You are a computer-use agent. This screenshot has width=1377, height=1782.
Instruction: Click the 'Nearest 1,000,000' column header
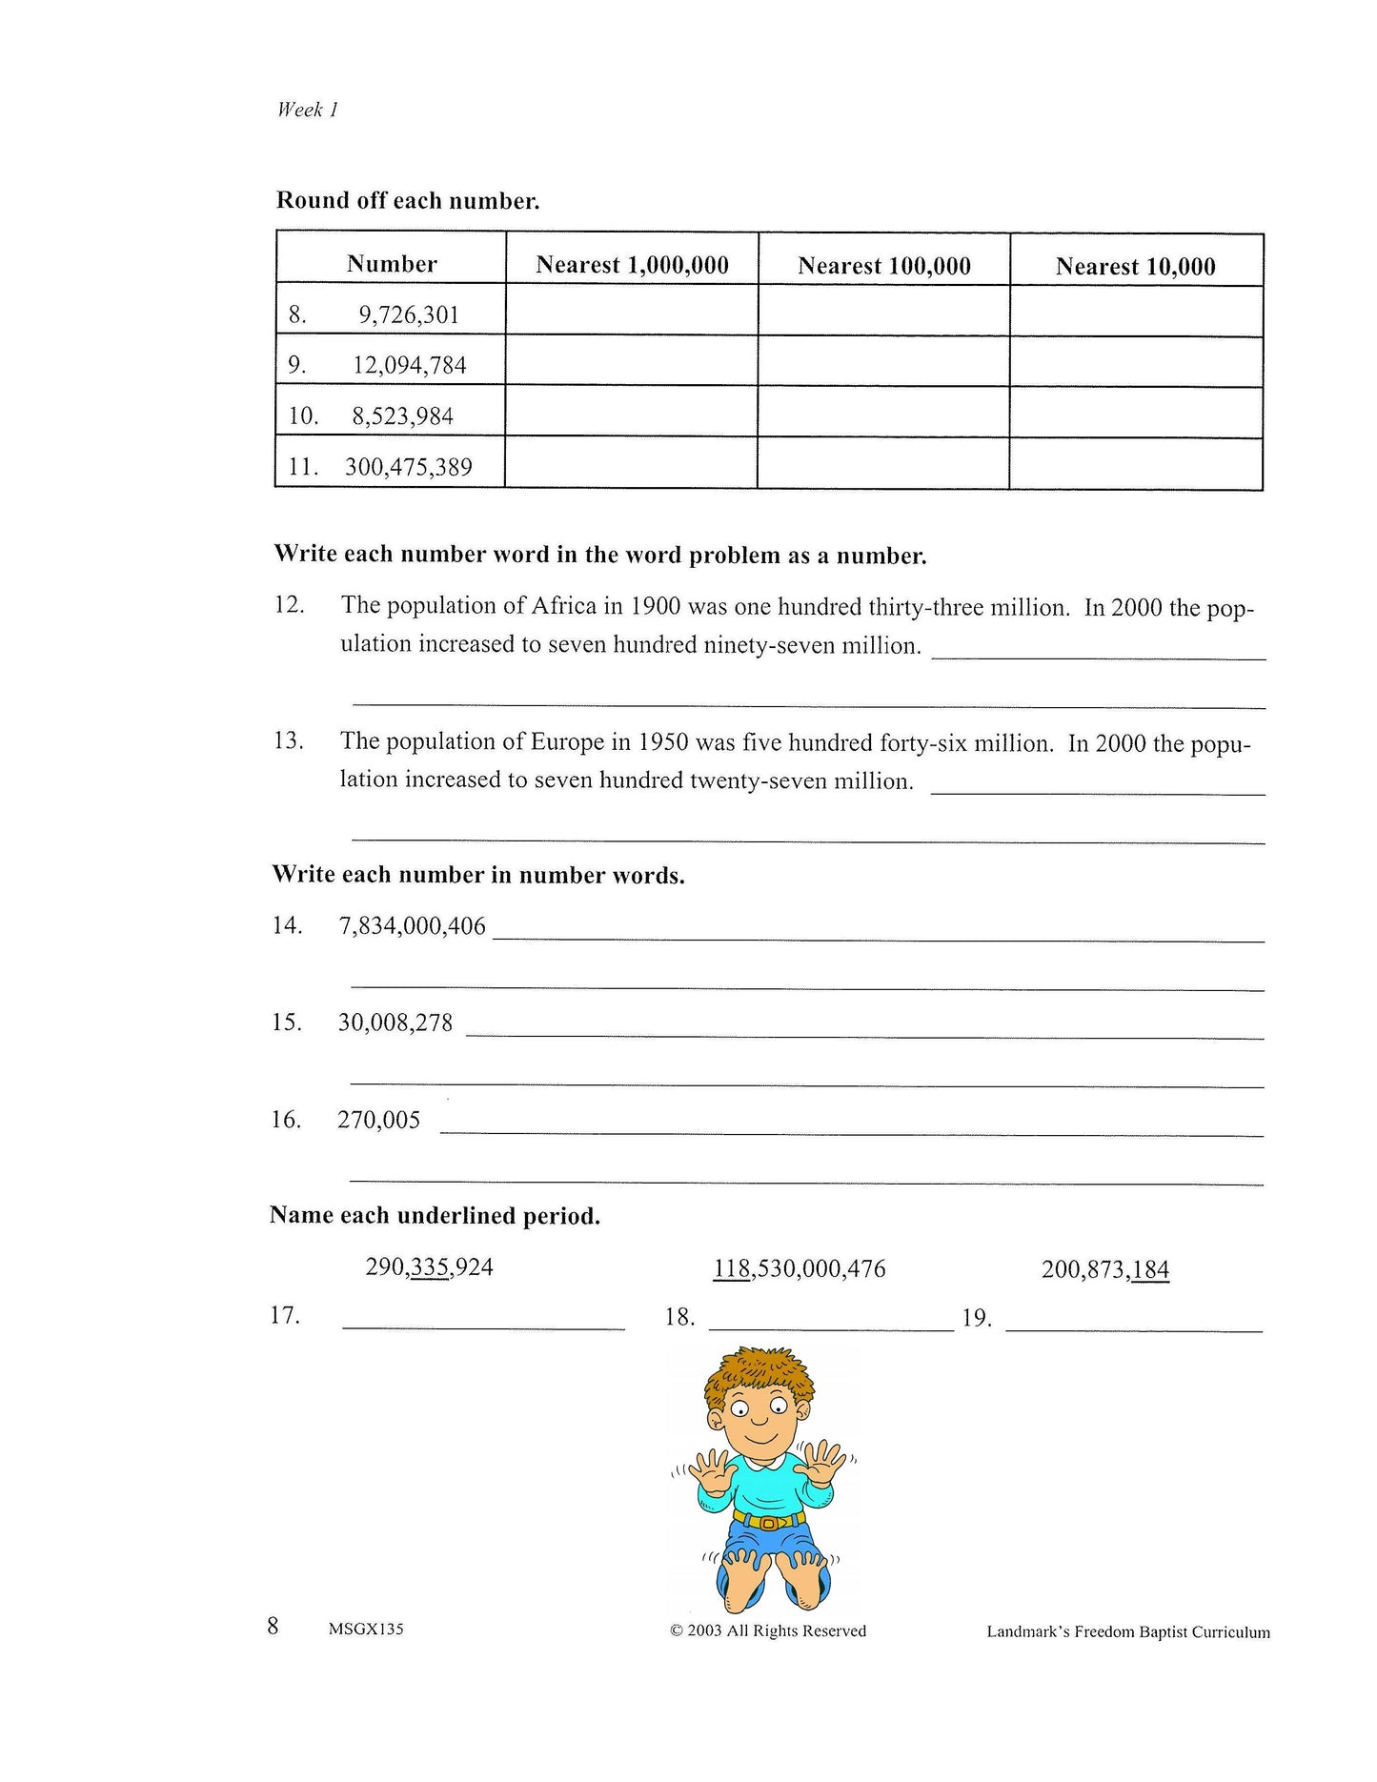tap(632, 265)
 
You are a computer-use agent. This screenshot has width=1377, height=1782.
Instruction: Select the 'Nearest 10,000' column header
tap(1135, 267)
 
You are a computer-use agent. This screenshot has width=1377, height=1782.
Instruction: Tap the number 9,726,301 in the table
tap(409, 315)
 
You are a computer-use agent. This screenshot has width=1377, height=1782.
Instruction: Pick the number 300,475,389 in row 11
tap(408, 467)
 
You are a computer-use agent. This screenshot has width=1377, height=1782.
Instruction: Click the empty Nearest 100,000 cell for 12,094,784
tap(883, 362)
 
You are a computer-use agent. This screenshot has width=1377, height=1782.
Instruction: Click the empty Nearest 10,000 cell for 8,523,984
tap(1136, 413)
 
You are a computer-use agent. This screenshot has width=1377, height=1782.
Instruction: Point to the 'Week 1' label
tap(307, 110)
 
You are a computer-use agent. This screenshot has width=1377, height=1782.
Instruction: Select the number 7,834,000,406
tap(412, 926)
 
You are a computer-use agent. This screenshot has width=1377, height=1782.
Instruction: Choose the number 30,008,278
tap(395, 1023)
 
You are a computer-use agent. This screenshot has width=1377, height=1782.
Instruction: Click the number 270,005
tap(378, 1120)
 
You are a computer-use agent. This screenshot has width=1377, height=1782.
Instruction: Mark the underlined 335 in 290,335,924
tap(431, 1267)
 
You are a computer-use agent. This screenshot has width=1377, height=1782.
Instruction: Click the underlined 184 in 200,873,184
tap(1150, 1269)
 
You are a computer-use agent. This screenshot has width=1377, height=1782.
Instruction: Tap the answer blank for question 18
tap(831, 1320)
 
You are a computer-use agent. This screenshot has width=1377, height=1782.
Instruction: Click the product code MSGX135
tap(366, 1629)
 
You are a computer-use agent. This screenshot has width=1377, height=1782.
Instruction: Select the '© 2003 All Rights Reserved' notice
tap(768, 1630)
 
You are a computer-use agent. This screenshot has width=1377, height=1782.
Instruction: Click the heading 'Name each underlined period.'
tap(435, 1216)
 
